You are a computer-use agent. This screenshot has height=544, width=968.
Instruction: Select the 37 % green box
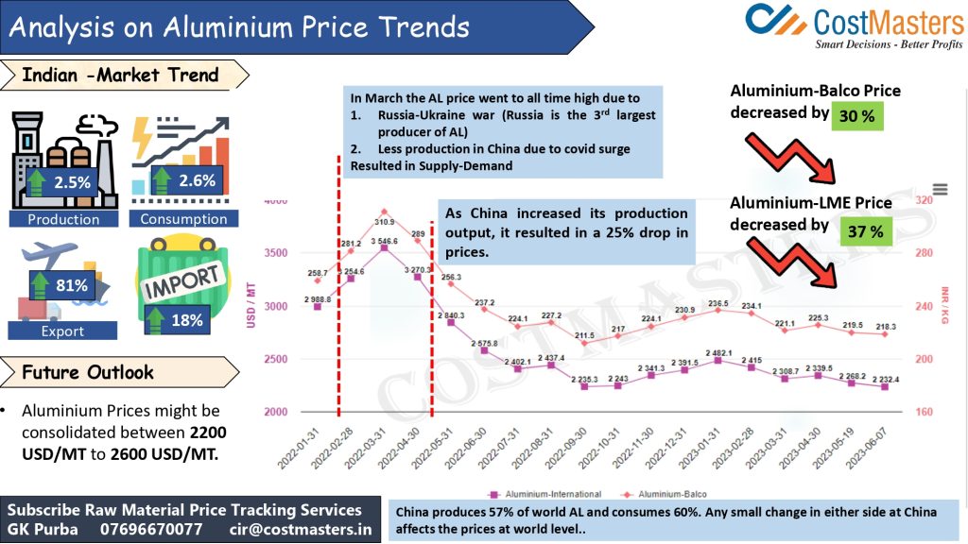pos(863,229)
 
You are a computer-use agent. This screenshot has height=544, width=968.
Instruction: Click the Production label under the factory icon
pos(63,219)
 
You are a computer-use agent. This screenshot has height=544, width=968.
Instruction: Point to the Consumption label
pos(183,219)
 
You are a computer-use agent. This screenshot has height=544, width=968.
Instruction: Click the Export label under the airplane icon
pos(62,331)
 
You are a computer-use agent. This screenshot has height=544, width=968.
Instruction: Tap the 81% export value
pos(72,285)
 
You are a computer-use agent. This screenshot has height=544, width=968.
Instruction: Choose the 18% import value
pos(186,320)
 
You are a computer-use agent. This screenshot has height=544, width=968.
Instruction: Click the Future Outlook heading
pos(88,372)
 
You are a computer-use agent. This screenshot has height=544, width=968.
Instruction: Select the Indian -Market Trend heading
pos(120,75)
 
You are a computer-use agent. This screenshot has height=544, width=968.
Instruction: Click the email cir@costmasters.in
pos(301,530)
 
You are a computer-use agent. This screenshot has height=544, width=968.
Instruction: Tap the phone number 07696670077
pos(151,530)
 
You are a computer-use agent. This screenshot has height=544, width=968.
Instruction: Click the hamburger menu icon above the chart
pos(940,190)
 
